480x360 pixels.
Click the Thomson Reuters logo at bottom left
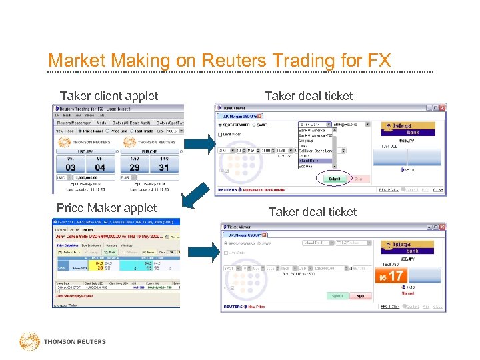coord(63,342)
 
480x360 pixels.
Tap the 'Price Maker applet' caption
coord(106,208)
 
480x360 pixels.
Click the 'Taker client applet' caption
coord(109,96)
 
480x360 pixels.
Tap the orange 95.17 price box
coord(391,275)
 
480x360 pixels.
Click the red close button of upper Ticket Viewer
coord(441,107)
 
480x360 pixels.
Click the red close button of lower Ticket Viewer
coord(441,227)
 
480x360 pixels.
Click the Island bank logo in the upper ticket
coord(408,129)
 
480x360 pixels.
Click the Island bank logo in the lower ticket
coord(407,248)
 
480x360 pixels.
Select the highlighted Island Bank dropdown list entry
coord(316,160)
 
